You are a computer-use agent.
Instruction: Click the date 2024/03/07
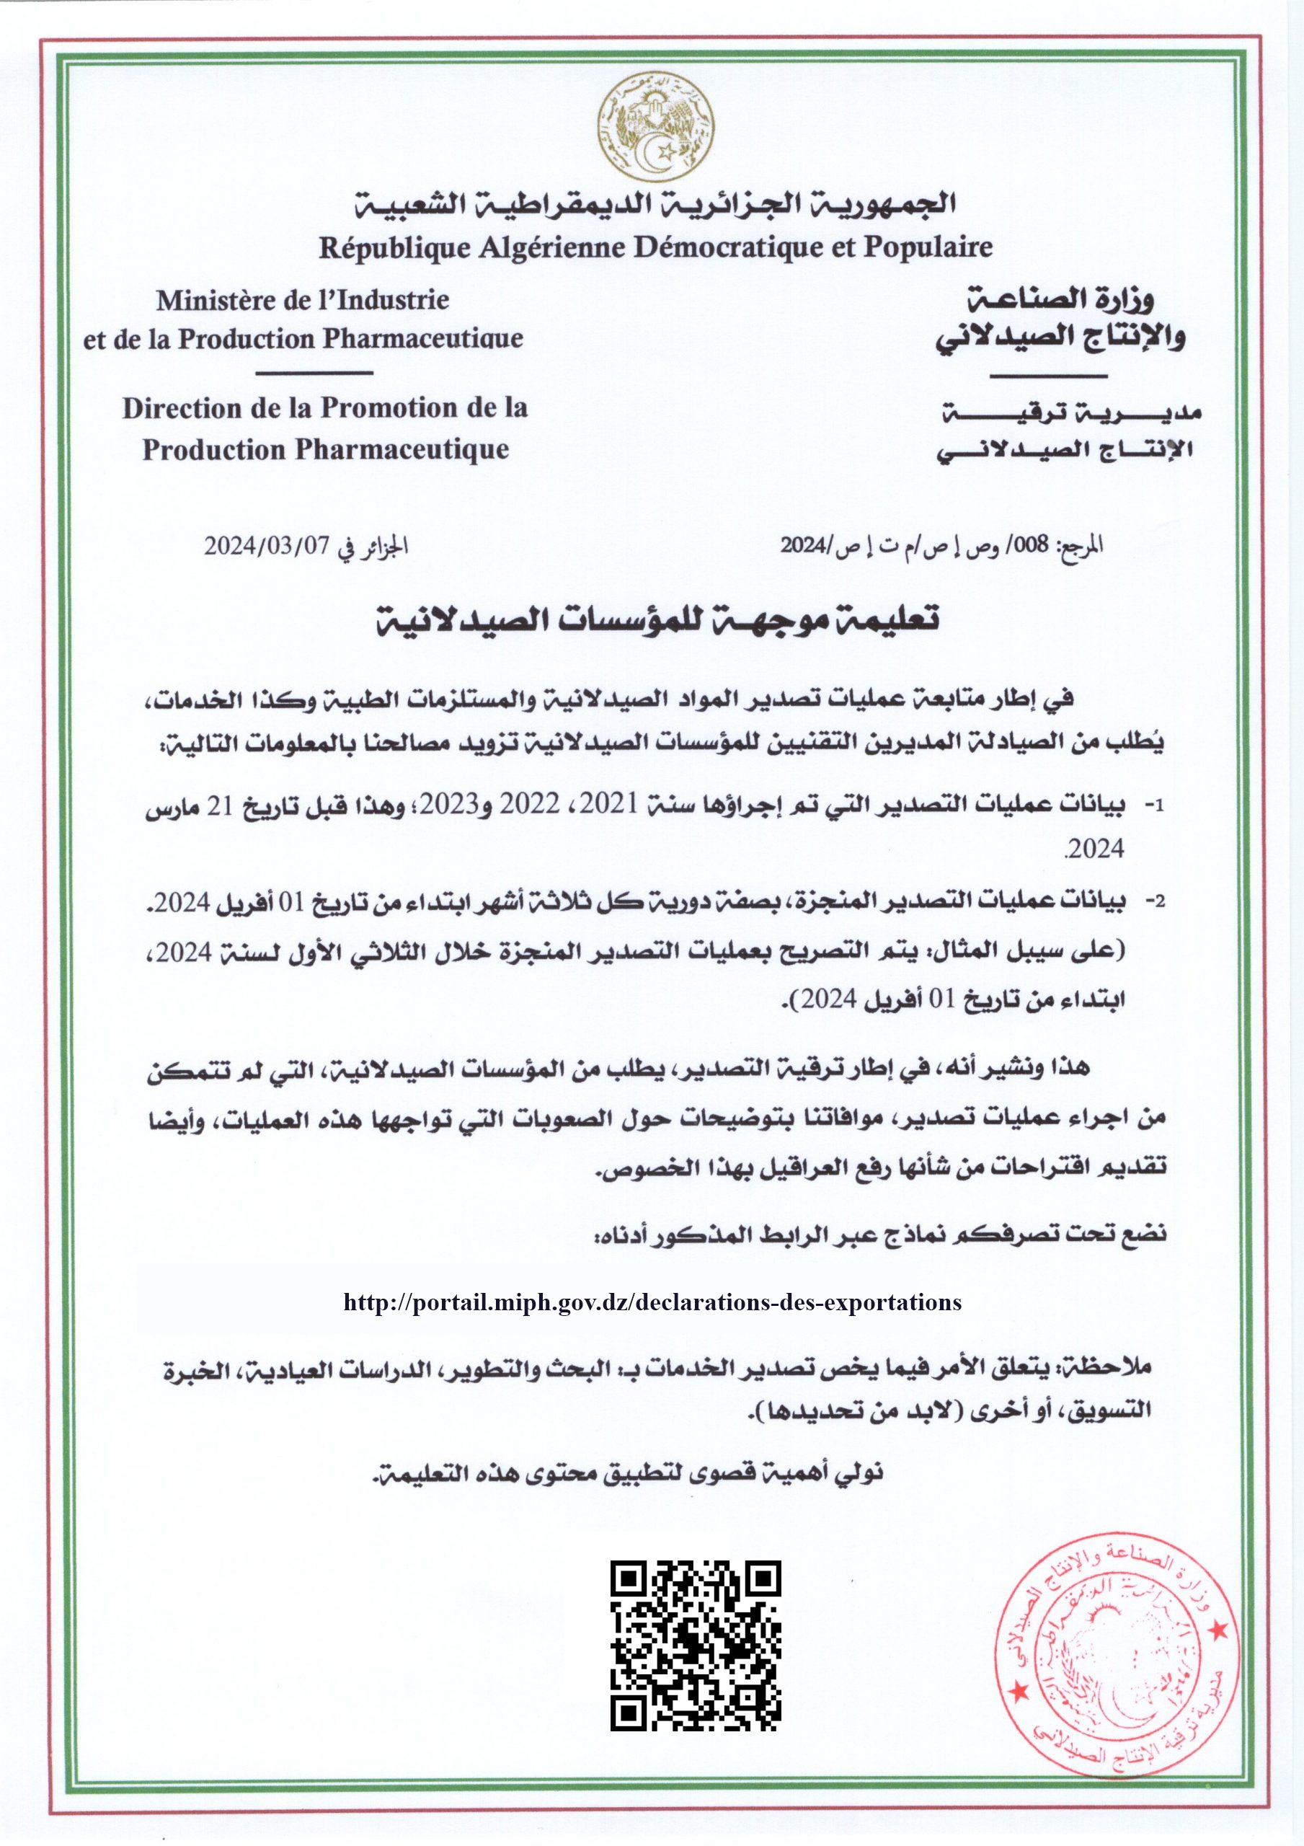click(x=267, y=546)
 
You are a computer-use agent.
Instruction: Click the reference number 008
click(x=1031, y=545)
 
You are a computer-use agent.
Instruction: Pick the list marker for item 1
click(x=1153, y=805)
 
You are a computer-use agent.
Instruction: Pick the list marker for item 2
click(x=1153, y=901)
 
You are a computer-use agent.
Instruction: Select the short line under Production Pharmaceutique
click(x=314, y=373)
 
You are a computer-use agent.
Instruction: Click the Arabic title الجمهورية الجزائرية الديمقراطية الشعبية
click(x=655, y=204)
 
